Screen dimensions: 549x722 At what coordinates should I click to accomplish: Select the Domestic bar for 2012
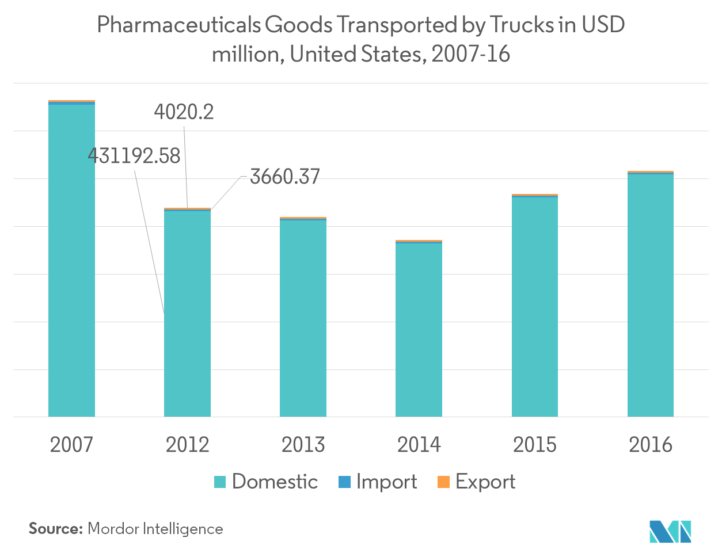pos(187,314)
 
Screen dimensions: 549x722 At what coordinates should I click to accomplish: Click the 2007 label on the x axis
pos(71,445)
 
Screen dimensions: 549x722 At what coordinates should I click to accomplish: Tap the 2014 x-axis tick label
pos(419,445)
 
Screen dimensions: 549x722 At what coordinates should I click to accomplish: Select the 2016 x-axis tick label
pos(650,445)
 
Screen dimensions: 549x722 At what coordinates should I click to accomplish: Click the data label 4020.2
pos(184,112)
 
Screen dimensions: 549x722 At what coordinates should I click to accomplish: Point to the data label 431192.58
pos(134,156)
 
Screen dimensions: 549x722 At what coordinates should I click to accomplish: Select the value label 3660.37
pos(284,177)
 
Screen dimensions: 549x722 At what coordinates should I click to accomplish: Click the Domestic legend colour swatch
pos(220,482)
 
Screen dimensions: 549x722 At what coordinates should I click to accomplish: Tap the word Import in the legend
pos(386,482)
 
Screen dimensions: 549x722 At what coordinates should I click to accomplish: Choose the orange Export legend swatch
pos(443,482)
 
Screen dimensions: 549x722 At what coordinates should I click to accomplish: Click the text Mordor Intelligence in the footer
pos(155,528)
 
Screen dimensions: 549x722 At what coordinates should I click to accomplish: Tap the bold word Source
pos(56,528)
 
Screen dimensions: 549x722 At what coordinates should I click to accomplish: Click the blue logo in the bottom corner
pos(670,531)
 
